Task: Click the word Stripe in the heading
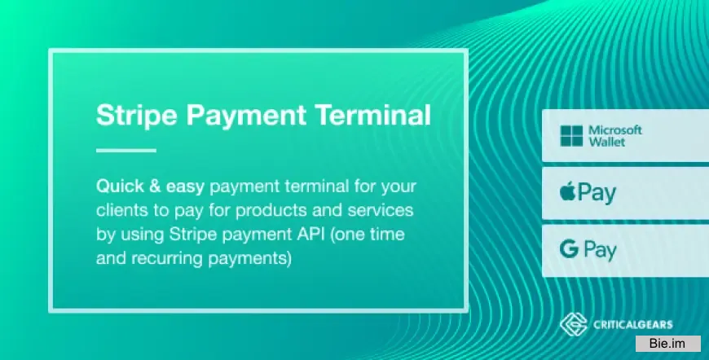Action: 135,115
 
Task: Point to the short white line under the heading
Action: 126,151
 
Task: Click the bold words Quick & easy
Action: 149,187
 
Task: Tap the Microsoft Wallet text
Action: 615,135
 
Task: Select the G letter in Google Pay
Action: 566,250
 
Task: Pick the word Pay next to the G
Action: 600,251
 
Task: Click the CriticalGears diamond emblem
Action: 573,325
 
